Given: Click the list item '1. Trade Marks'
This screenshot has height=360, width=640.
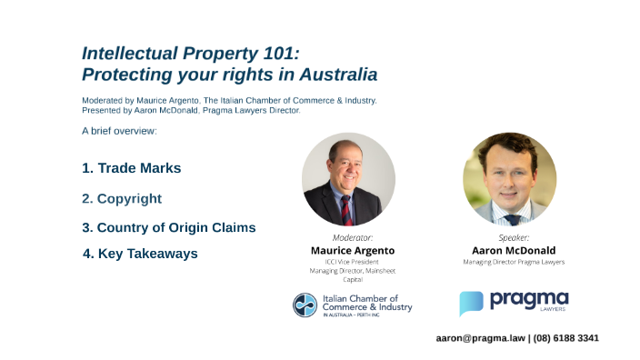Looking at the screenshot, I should [132, 168].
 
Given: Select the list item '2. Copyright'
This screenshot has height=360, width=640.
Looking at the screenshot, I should [122, 198].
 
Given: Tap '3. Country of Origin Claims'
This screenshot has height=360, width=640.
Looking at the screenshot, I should [169, 227].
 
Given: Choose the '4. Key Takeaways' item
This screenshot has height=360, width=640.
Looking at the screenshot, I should [140, 254].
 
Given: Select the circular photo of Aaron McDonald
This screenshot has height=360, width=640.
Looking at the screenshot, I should [509, 179].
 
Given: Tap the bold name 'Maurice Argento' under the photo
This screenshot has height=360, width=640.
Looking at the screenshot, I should [352, 250].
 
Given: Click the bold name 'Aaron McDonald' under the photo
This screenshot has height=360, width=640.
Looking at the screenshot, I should [514, 250].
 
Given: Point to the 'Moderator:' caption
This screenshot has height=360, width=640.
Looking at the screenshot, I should [352, 237].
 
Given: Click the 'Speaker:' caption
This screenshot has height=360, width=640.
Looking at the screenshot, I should [514, 237].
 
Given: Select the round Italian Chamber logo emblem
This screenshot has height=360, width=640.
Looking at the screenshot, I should [305, 305].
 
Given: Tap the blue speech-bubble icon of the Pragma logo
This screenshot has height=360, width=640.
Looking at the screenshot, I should [471, 303].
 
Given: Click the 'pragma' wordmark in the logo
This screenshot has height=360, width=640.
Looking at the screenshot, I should [528, 299].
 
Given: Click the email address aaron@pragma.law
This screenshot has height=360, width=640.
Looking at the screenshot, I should [480, 338].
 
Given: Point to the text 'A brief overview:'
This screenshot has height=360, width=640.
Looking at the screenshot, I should [119, 131].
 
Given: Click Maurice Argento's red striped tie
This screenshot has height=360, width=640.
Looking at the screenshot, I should [346, 209].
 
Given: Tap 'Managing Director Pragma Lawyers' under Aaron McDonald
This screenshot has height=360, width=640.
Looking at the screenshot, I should [514, 262].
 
